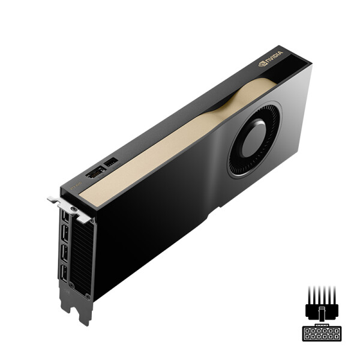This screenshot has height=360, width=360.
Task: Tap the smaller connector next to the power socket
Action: tap(111, 162)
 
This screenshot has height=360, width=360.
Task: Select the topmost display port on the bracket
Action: tap(64, 217)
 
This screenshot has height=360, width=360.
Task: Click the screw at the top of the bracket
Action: tap(73, 210)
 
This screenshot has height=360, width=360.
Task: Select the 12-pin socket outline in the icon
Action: tap(322, 334)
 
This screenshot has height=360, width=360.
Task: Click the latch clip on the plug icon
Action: tap(322, 314)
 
